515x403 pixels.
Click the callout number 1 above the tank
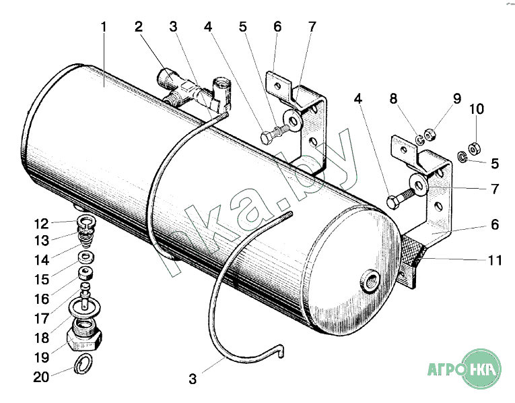pos(103,28)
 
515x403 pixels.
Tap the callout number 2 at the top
pos(138,28)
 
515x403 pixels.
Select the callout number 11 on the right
pos(494,261)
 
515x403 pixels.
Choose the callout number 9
pos(457,99)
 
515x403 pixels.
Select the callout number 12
pos(41,224)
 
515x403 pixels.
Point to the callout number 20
pos(41,377)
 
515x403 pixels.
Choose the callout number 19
pos(41,356)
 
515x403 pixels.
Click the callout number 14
pos(41,261)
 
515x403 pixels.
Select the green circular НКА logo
pos(481,369)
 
